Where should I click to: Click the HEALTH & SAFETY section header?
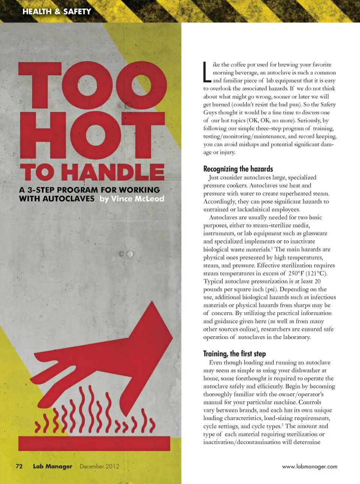point(57,12)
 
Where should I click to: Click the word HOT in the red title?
point(93,135)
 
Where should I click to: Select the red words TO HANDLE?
point(92,172)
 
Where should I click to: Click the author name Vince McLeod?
point(138,199)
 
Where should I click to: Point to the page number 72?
point(19,466)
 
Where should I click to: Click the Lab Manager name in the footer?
point(52,466)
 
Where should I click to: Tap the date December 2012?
point(99,466)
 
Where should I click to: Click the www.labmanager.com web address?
point(309,467)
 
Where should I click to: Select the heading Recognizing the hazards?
point(238,169)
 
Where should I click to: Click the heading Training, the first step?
point(234,354)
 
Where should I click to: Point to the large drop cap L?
point(207,72)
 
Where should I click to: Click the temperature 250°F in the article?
point(296,274)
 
